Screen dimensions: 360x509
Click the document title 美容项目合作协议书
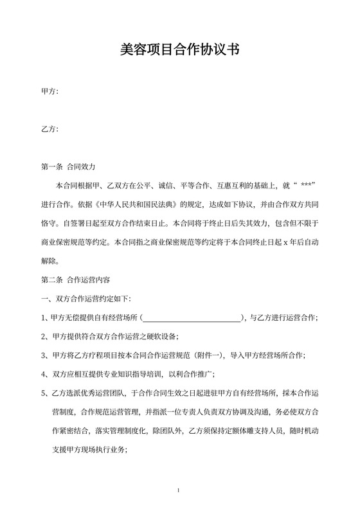[180, 49]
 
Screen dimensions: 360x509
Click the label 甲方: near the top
[50, 92]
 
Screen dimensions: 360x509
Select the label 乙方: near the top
[50, 129]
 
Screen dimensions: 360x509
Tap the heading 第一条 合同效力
[67, 166]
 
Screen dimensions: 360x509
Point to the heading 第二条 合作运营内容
[75, 280]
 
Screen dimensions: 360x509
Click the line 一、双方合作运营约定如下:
[85, 299]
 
